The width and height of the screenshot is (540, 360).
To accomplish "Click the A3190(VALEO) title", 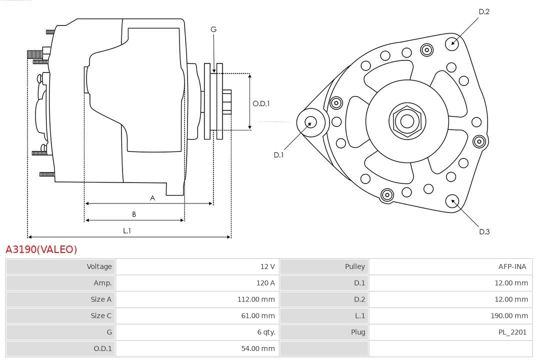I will click(x=41, y=249).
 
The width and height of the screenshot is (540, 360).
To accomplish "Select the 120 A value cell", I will click(x=265, y=283).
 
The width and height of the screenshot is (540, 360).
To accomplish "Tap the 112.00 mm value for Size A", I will click(x=255, y=299).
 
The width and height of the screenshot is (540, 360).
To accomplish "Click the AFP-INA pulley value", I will click(x=512, y=266).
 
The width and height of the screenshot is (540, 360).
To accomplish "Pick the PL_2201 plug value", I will click(x=512, y=332).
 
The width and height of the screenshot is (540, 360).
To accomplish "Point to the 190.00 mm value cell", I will click(x=509, y=315).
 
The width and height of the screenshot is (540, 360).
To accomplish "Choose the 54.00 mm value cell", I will click(x=257, y=348).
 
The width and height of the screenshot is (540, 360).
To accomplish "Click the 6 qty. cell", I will click(x=265, y=332).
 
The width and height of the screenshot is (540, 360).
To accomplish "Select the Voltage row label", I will click(x=99, y=266).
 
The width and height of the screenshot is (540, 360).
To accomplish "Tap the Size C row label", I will click(x=101, y=315).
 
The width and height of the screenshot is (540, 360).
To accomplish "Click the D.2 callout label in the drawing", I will click(x=484, y=11).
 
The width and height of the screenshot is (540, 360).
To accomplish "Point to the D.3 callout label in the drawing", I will click(x=484, y=231).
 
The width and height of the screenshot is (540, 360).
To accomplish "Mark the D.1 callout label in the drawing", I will click(x=278, y=155).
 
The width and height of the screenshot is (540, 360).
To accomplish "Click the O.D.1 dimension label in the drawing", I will click(x=261, y=103).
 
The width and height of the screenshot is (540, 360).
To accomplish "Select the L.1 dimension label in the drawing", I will click(x=127, y=231).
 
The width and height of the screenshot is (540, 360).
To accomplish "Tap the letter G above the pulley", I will click(x=213, y=29).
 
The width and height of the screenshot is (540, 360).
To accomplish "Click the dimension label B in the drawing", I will click(x=134, y=214).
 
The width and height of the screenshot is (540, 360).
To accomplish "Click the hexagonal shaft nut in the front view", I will click(x=407, y=121).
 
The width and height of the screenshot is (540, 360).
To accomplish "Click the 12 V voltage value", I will click(x=267, y=266).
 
